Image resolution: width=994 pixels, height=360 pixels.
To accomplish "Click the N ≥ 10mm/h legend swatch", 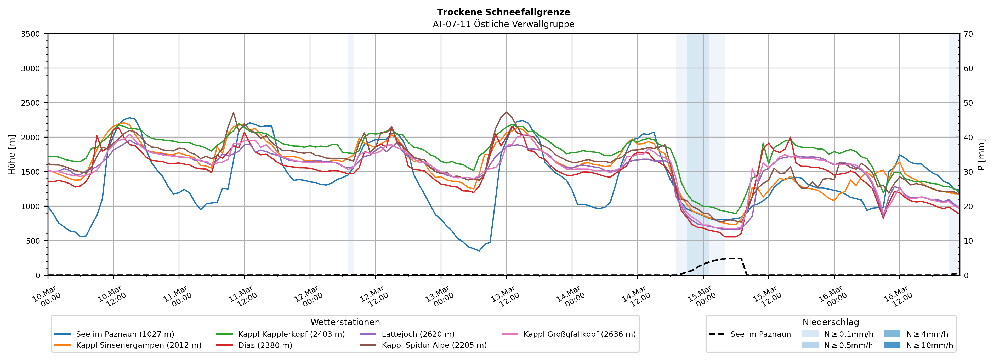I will (892, 345).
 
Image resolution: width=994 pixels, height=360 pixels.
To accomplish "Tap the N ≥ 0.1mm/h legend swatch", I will (810, 334).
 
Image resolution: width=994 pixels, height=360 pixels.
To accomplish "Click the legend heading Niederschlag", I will (830, 322).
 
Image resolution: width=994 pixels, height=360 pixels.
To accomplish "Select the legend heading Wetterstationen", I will (345, 322).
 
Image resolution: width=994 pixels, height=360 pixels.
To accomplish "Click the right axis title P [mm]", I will (981, 154).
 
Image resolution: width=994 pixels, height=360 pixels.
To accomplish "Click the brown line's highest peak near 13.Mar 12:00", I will (506, 112).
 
